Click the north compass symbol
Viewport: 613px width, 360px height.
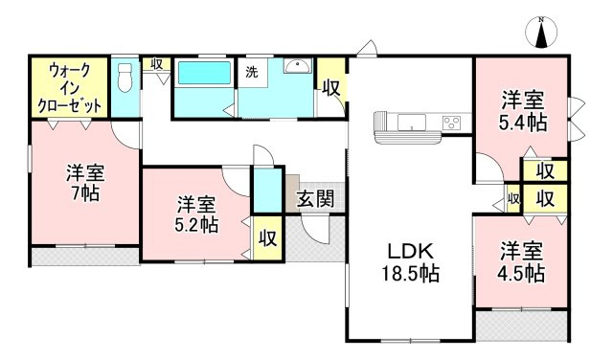coord(542,33)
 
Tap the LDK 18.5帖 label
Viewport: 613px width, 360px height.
coord(413,261)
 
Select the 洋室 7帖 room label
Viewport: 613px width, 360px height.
coord(84,182)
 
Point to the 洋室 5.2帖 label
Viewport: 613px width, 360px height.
coord(196,214)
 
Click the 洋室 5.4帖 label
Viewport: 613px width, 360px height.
coord(522,111)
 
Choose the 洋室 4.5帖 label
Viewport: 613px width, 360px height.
coord(522,261)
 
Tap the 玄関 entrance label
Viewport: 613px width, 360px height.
coord(314,200)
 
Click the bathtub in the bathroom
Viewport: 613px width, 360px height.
coord(202,76)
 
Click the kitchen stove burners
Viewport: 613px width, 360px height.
coord(451,122)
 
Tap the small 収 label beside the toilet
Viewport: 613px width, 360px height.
coord(157,65)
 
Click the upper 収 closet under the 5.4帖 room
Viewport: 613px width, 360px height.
coord(544,171)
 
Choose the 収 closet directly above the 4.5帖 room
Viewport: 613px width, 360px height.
coord(544,198)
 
